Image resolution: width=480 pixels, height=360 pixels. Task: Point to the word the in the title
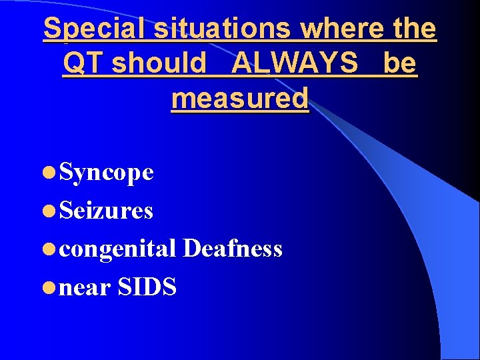coord(415,29)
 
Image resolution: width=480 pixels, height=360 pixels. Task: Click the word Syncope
coord(107,173)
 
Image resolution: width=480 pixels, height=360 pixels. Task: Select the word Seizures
coord(107,211)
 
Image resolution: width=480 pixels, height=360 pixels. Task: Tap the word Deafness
coord(232,249)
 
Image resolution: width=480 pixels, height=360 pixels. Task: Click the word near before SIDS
coord(85,287)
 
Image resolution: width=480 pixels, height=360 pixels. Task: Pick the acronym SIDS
coord(147,287)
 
